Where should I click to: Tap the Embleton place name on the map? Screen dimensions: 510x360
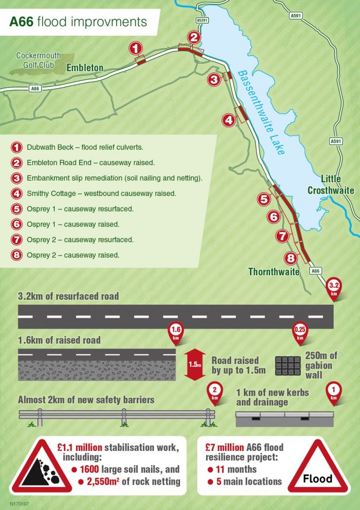pyautogui.click(x=85, y=68)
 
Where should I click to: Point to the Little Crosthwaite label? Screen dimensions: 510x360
pyautogui.click(x=330, y=184)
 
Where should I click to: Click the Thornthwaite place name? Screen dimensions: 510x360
pyautogui.click(x=274, y=272)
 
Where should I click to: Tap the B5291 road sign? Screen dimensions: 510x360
pyautogui.click(x=202, y=21)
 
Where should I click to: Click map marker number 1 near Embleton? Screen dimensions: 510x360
pyautogui.click(x=135, y=48)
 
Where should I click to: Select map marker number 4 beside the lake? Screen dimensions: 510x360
pyautogui.click(x=228, y=121)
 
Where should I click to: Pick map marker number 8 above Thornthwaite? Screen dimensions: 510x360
pyautogui.click(x=291, y=258)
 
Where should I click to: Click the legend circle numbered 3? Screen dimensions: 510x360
pyautogui.click(x=16, y=178)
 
